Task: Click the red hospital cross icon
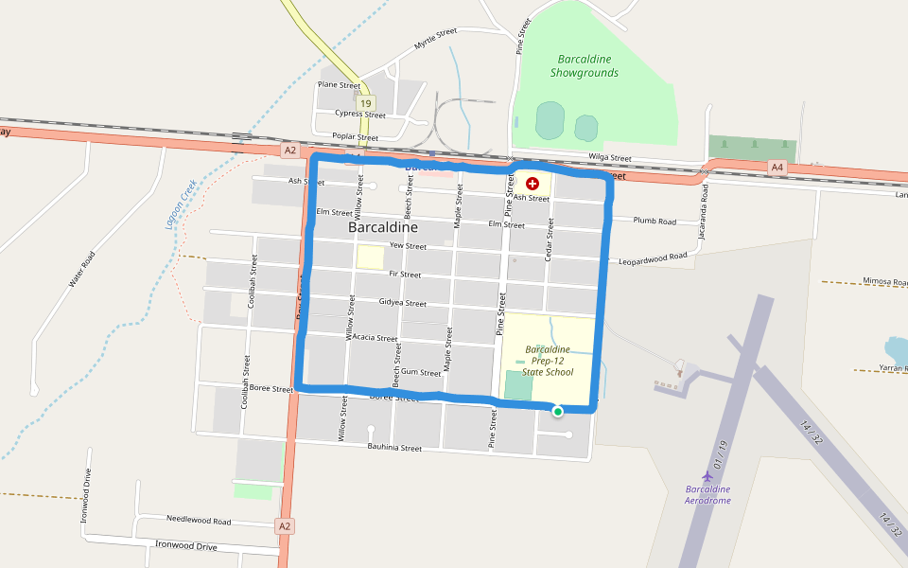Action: tap(533, 183)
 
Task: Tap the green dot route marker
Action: tap(558, 411)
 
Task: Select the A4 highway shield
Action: tap(777, 168)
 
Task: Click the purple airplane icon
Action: tap(706, 474)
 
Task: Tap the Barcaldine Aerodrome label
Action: tap(707, 494)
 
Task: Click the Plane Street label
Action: tap(339, 85)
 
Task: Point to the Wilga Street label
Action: tap(609, 158)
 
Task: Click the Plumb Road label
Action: tap(655, 222)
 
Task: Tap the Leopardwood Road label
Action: tap(653, 257)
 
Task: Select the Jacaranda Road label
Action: tap(705, 219)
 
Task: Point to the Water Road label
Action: tap(82, 269)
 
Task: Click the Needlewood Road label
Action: tap(199, 522)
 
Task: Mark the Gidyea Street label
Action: tap(402, 303)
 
